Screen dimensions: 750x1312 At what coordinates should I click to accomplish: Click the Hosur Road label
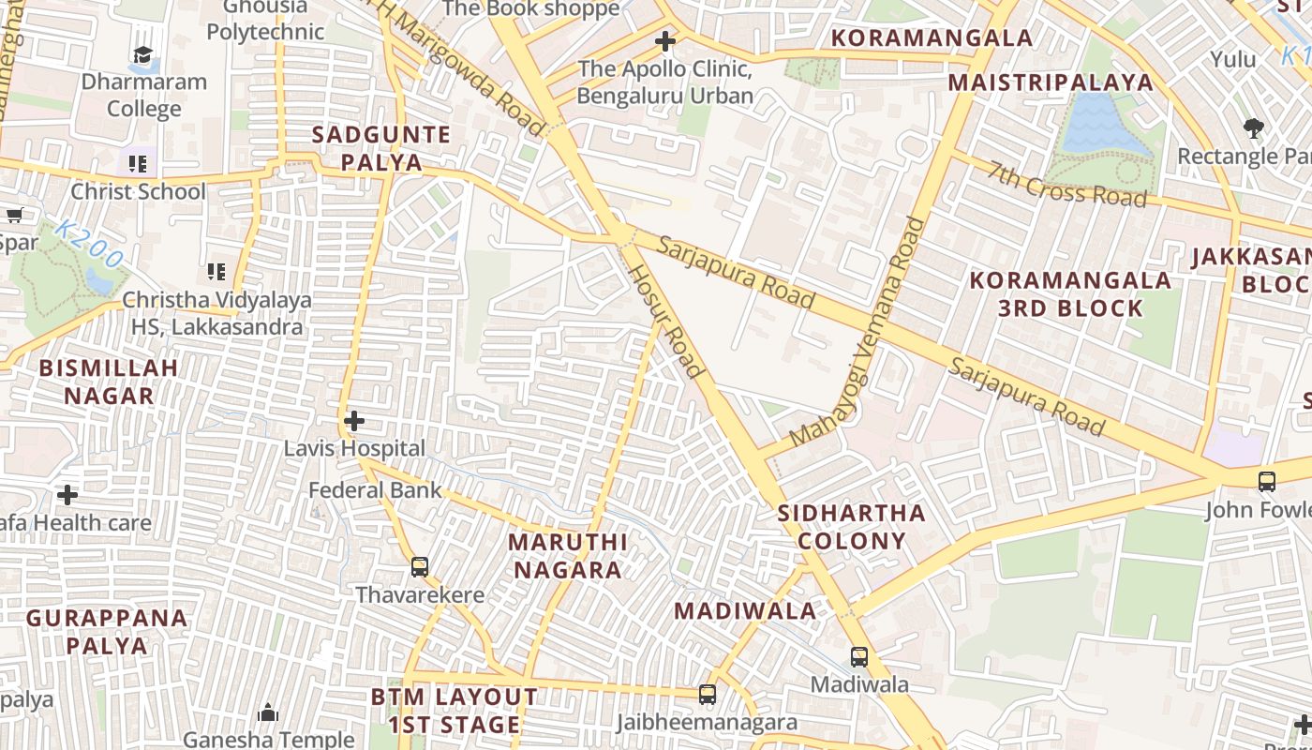pyautogui.click(x=665, y=321)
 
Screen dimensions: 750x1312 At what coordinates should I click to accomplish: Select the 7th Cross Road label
pyautogui.click(x=1067, y=185)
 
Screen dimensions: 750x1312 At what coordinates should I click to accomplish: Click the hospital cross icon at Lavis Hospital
pyautogui.click(x=354, y=421)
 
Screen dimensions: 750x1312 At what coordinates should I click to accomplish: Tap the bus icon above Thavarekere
pyautogui.click(x=420, y=566)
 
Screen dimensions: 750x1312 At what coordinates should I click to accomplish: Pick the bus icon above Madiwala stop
pyautogui.click(x=859, y=656)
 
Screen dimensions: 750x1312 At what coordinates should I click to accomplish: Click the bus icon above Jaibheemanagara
pyautogui.click(x=708, y=695)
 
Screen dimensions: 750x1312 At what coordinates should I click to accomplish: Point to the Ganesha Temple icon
pyautogui.click(x=268, y=712)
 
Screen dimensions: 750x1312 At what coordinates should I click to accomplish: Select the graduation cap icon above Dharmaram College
pyautogui.click(x=142, y=54)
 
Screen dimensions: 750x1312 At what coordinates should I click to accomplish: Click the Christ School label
pyautogui.click(x=138, y=191)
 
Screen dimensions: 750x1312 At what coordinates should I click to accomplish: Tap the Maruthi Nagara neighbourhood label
pyautogui.click(x=567, y=556)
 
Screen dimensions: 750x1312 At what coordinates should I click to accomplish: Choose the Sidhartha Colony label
pyautogui.click(x=851, y=527)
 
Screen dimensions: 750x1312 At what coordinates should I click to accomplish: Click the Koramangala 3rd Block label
pyautogui.click(x=1070, y=294)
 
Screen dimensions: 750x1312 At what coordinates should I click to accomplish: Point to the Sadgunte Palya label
pyautogui.click(x=381, y=148)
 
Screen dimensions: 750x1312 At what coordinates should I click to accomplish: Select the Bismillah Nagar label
pyautogui.click(x=109, y=382)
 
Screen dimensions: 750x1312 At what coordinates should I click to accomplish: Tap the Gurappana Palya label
pyautogui.click(x=107, y=632)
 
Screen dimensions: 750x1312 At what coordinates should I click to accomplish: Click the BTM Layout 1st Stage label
pyautogui.click(x=455, y=711)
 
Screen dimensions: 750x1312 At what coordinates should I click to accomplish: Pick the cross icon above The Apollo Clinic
pyautogui.click(x=665, y=41)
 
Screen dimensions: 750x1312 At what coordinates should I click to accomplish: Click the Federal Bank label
pyautogui.click(x=375, y=489)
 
